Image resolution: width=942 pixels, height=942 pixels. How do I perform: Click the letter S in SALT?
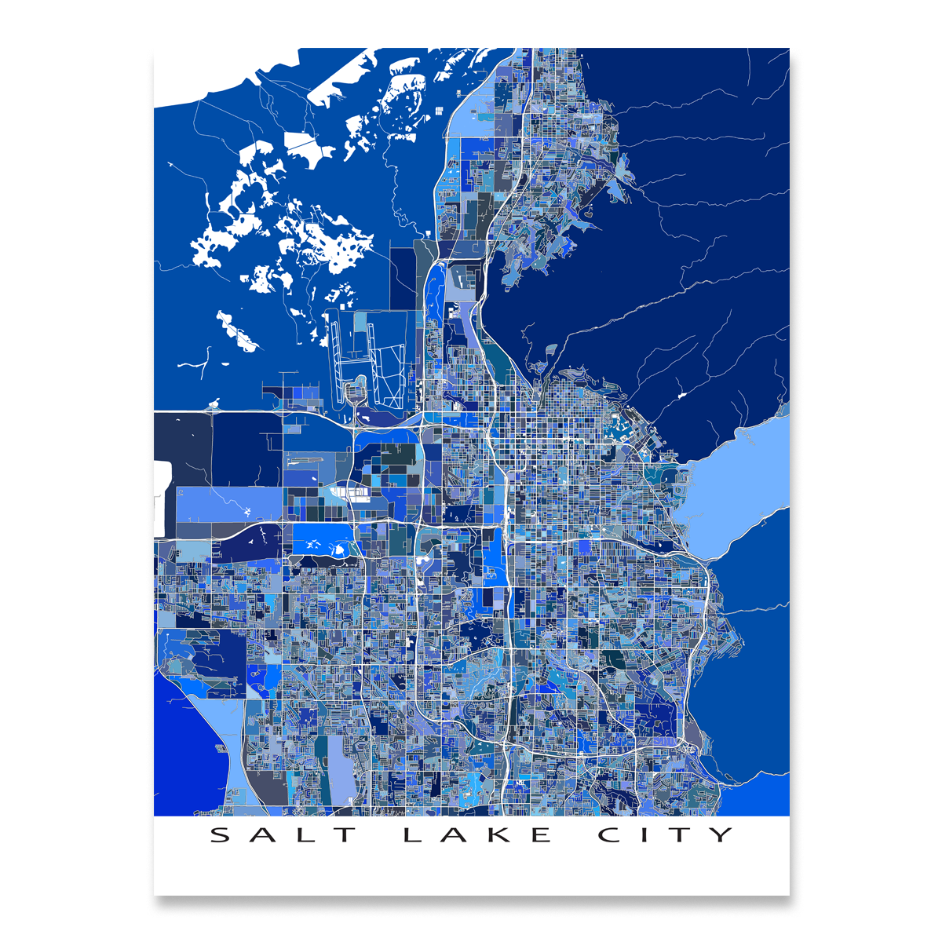pos(222,834)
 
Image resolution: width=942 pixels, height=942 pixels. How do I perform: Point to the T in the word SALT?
pos(345,834)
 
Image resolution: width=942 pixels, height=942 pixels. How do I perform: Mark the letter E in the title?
pos(540,834)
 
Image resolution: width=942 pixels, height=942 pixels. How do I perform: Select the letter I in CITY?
pos(645,834)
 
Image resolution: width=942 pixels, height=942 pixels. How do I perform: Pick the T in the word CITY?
pos(679,834)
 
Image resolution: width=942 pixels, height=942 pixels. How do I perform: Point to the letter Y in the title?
pos(720,834)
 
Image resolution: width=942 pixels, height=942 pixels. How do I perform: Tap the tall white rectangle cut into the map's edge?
pos(162,498)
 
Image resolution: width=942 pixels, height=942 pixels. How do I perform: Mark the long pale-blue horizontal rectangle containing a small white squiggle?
pos(228,505)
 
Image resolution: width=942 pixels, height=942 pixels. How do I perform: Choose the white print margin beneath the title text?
pos(471,871)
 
